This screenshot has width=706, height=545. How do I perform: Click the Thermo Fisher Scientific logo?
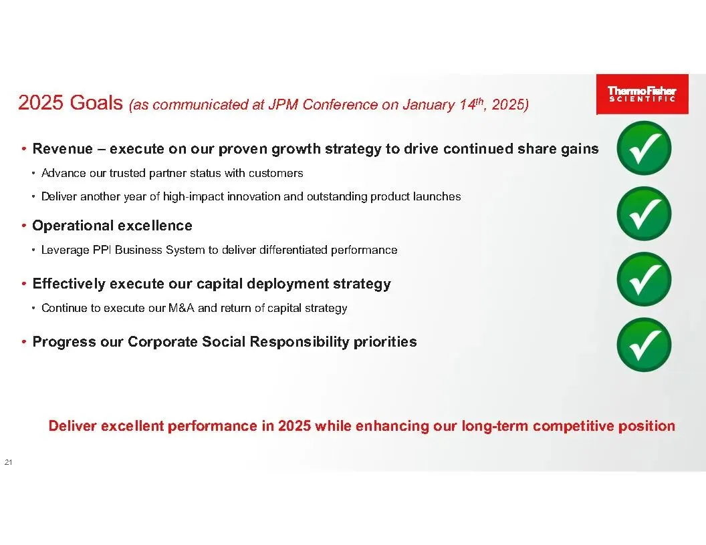642,94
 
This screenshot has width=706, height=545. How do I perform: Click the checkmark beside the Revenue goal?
644,148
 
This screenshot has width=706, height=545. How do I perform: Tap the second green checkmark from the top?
644,214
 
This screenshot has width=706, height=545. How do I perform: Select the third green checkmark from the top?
644,279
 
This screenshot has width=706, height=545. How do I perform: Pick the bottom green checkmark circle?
644,345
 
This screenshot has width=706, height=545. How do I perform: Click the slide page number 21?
8,462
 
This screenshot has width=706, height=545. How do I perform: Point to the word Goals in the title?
96,103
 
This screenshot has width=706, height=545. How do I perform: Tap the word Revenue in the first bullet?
63,149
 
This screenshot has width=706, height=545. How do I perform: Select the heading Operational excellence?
112,225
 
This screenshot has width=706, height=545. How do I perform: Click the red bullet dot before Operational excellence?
24,225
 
